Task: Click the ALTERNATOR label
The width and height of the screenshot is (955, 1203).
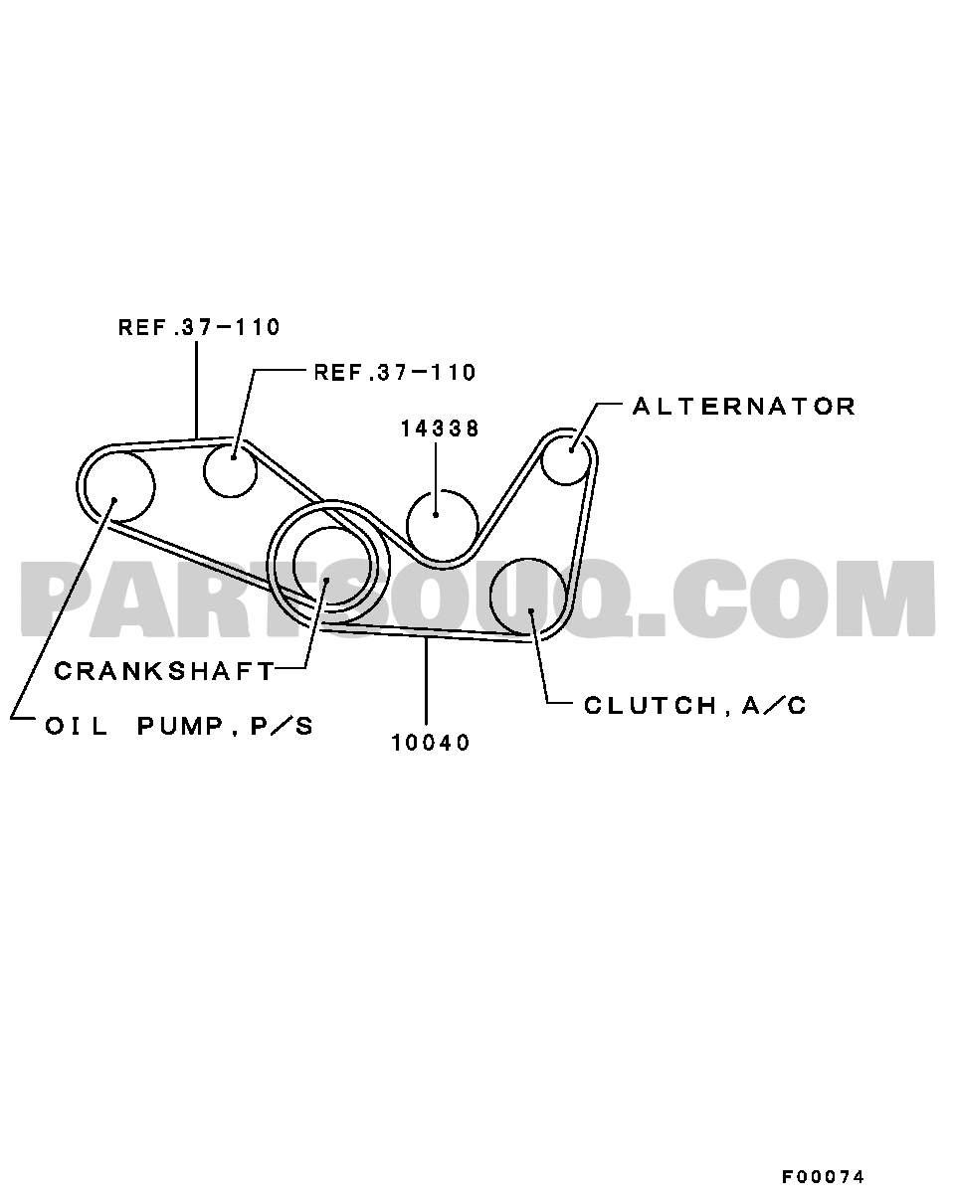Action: pos(743,407)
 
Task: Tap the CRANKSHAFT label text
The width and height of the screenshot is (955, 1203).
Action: pos(164,671)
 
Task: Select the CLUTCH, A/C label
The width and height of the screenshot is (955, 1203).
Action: pos(694,706)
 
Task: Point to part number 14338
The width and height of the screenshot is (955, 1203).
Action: pos(440,429)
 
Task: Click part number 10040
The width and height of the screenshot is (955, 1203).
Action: pos(430,743)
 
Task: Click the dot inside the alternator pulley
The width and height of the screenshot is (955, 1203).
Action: pos(572,449)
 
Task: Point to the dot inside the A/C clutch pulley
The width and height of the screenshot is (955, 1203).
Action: pos(531,611)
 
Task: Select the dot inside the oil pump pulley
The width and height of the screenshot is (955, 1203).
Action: pos(113,500)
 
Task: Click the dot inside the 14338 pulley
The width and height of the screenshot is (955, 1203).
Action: pos(436,514)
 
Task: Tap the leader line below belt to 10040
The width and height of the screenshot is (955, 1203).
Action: pos(427,681)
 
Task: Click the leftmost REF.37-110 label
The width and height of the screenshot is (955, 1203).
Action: pos(199,327)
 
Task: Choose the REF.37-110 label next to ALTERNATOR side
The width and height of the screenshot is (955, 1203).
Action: pos(394,372)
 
